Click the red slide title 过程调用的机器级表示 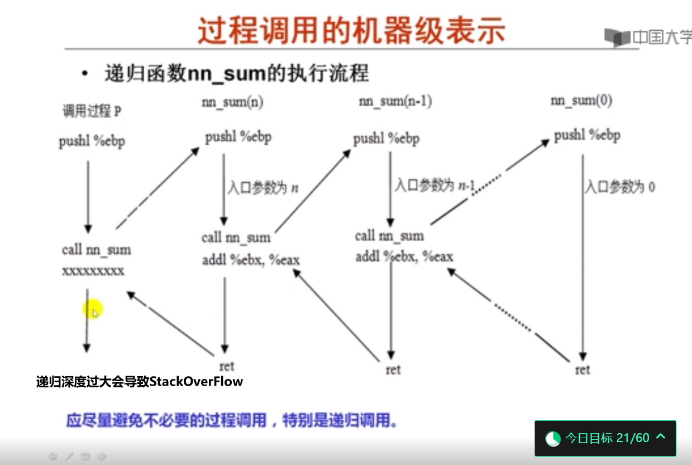pyautogui.click(x=351, y=30)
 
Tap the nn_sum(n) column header pyautogui.click(x=232, y=102)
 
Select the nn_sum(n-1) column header pyautogui.click(x=395, y=101)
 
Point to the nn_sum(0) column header pyautogui.click(x=581, y=100)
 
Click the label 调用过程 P pyautogui.click(x=92, y=111)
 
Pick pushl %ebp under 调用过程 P pyautogui.click(x=92, y=141)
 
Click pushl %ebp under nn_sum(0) pyautogui.click(x=587, y=135)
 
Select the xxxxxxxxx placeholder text pyautogui.click(x=93, y=271)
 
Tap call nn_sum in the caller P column pyautogui.click(x=97, y=250)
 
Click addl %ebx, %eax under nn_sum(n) pyautogui.click(x=251, y=260)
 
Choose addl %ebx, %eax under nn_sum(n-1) pyautogui.click(x=404, y=257)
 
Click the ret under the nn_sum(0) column pyautogui.click(x=583, y=370)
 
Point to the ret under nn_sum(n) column pyautogui.click(x=227, y=367)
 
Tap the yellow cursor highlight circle pyautogui.click(x=92, y=309)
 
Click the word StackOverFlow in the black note pyautogui.click(x=196, y=382)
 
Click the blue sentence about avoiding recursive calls pyautogui.click(x=232, y=420)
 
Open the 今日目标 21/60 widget pyautogui.click(x=605, y=438)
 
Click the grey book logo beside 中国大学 pyautogui.click(x=617, y=37)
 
